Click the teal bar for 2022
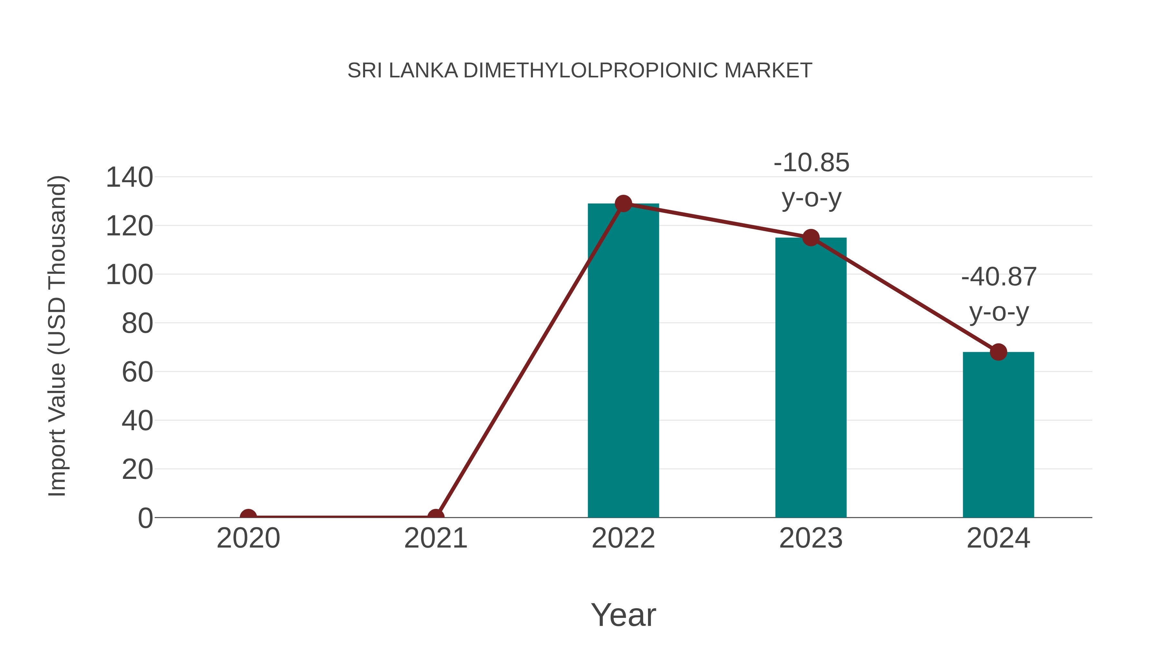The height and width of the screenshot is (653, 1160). [x=623, y=361]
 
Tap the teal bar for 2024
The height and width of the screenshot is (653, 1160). [x=998, y=435]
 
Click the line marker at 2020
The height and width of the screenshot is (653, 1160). [x=248, y=517]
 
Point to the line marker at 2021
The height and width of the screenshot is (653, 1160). [x=435, y=517]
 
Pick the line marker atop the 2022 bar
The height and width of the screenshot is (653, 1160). [x=623, y=204]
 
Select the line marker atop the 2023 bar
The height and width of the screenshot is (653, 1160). [x=811, y=237]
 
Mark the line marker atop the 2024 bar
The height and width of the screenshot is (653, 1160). [x=998, y=352]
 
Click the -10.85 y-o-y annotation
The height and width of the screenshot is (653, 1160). [x=811, y=180]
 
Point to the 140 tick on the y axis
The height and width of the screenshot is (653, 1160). [x=129, y=177]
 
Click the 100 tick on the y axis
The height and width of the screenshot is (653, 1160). [x=129, y=274]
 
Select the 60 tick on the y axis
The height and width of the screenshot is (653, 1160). [x=137, y=372]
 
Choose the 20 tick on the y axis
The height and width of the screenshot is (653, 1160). [x=137, y=469]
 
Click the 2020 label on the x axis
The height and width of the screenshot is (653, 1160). [x=248, y=538]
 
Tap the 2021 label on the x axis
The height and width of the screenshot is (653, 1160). [x=435, y=538]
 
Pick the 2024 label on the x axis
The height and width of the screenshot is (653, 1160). [x=998, y=538]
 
